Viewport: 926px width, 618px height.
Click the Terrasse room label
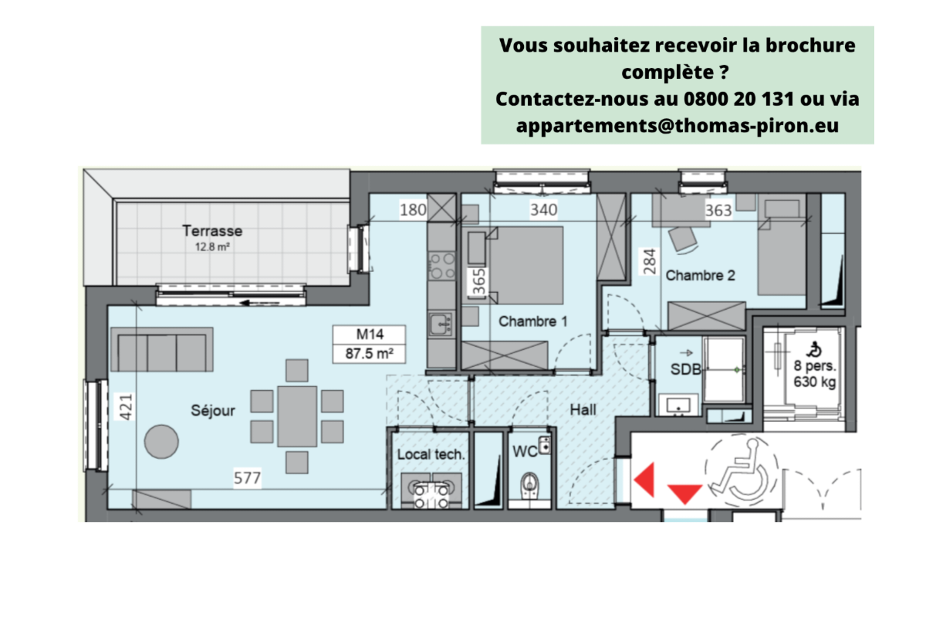pyautogui.click(x=212, y=230)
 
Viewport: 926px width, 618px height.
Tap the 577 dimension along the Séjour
pyautogui.click(x=248, y=479)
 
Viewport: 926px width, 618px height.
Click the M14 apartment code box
pyautogui.click(x=370, y=335)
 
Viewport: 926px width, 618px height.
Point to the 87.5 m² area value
pyautogui.click(x=370, y=355)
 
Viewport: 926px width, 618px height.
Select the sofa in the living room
pyautogui.click(x=162, y=349)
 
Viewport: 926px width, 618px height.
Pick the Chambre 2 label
pyautogui.click(x=700, y=275)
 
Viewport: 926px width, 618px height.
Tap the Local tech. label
pyautogui.click(x=431, y=455)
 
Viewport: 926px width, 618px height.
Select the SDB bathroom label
pyautogui.click(x=685, y=369)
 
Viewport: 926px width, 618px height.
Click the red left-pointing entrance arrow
pyautogui.click(x=644, y=480)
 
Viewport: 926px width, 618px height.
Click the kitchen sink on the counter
pyautogui.click(x=441, y=324)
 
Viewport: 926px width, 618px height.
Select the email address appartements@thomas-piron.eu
pyautogui.click(x=677, y=124)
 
